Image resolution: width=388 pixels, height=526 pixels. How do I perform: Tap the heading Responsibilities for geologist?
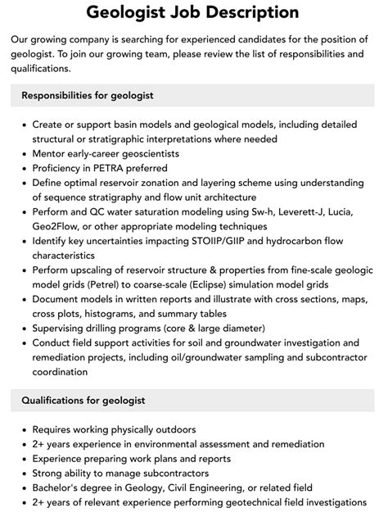click(88, 95)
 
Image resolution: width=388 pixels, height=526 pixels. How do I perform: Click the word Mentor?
click(51, 153)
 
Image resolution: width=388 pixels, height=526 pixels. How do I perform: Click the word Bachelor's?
click(59, 487)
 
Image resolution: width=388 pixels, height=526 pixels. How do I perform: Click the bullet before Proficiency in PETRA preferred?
click(21, 168)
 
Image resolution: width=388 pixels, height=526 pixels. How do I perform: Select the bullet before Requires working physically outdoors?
click(21, 429)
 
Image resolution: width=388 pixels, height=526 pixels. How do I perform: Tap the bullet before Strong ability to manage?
click(21, 473)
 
